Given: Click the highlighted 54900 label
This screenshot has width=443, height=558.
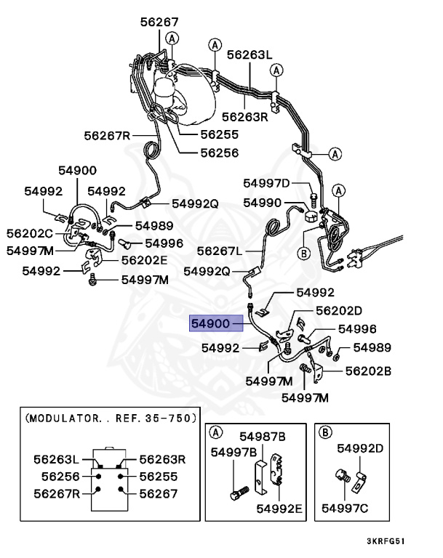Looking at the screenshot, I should [x=209, y=323].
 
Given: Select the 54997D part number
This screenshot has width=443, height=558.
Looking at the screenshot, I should [x=266, y=183].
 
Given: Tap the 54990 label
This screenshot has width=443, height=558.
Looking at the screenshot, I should [x=262, y=203].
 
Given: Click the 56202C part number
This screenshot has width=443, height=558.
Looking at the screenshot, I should [x=30, y=233].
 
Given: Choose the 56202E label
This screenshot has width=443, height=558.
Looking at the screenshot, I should [x=144, y=259].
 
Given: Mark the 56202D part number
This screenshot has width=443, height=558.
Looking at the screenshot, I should [x=338, y=311].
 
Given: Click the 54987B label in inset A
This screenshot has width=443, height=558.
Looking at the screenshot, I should [x=262, y=436].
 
